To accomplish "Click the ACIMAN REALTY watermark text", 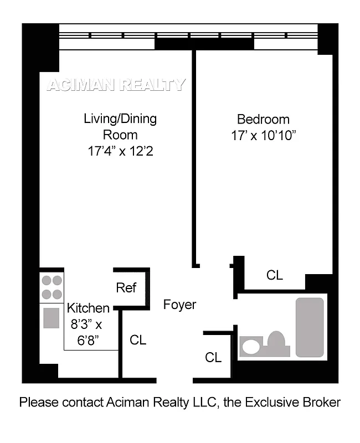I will pos(116,85).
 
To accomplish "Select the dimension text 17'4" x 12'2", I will pos(120,150).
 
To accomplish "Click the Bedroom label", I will pos(263,119).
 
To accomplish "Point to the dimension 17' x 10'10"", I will pos(263,136).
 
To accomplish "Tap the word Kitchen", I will pos(88,308).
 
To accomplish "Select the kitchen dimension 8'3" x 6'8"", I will pos(86,332).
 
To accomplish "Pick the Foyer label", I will pos(179,305).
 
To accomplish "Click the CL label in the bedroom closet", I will pos(275,275).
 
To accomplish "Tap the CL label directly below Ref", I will pos(138,340).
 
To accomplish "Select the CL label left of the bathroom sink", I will pos(213,357).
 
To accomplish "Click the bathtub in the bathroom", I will pos(310,327).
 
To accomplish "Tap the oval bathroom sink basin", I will pos(251,347).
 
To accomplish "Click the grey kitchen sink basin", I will pos(52,318).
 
